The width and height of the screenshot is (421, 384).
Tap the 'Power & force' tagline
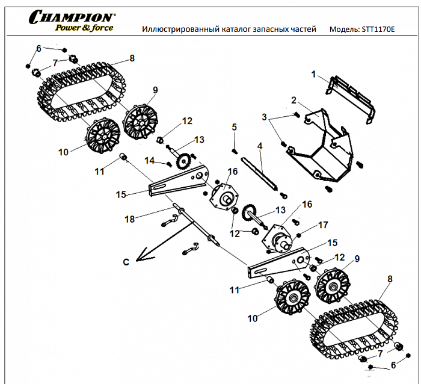[x=84, y=28]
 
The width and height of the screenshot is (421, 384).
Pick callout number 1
[x=313, y=74]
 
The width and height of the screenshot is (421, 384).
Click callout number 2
[x=293, y=100]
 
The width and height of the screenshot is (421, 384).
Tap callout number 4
[x=260, y=146]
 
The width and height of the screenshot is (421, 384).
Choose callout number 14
[x=150, y=160]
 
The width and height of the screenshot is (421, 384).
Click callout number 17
[x=323, y=225]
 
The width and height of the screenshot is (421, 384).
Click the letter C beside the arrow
[x=126, y=262]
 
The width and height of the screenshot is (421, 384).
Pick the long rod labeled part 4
[x=259, y=172]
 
